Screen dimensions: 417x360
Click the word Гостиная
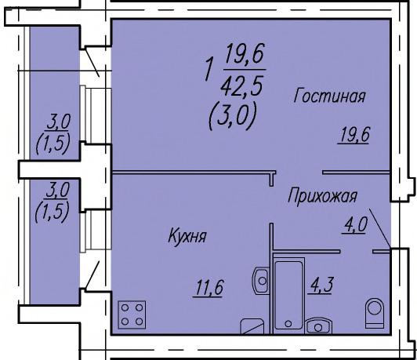click(x=330, y=96)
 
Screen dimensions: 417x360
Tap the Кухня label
click(x=187, y=236)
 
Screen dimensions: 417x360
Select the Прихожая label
click(x=323, y=196)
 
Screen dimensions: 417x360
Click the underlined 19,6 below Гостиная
click(x=354, y=135)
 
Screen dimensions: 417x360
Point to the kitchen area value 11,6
click(x=208, y=289)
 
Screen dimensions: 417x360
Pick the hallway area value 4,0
click(x=355, y=225)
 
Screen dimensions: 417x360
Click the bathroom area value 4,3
click(x=320, y=285)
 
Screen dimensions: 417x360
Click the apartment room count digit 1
click(x=209, y=70)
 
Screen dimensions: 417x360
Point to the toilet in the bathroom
click(x=375, y=314)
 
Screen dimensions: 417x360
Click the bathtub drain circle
click(x=288, y=324)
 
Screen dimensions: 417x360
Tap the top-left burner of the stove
click(x=125, y=308)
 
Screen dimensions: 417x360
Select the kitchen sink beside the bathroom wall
click(x=259, y=281)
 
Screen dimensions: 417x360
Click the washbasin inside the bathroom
click(x=318, y=325)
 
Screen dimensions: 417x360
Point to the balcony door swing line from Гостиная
click(x=92, y=63)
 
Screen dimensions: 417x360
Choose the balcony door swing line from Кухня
click(x=92, y=275)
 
